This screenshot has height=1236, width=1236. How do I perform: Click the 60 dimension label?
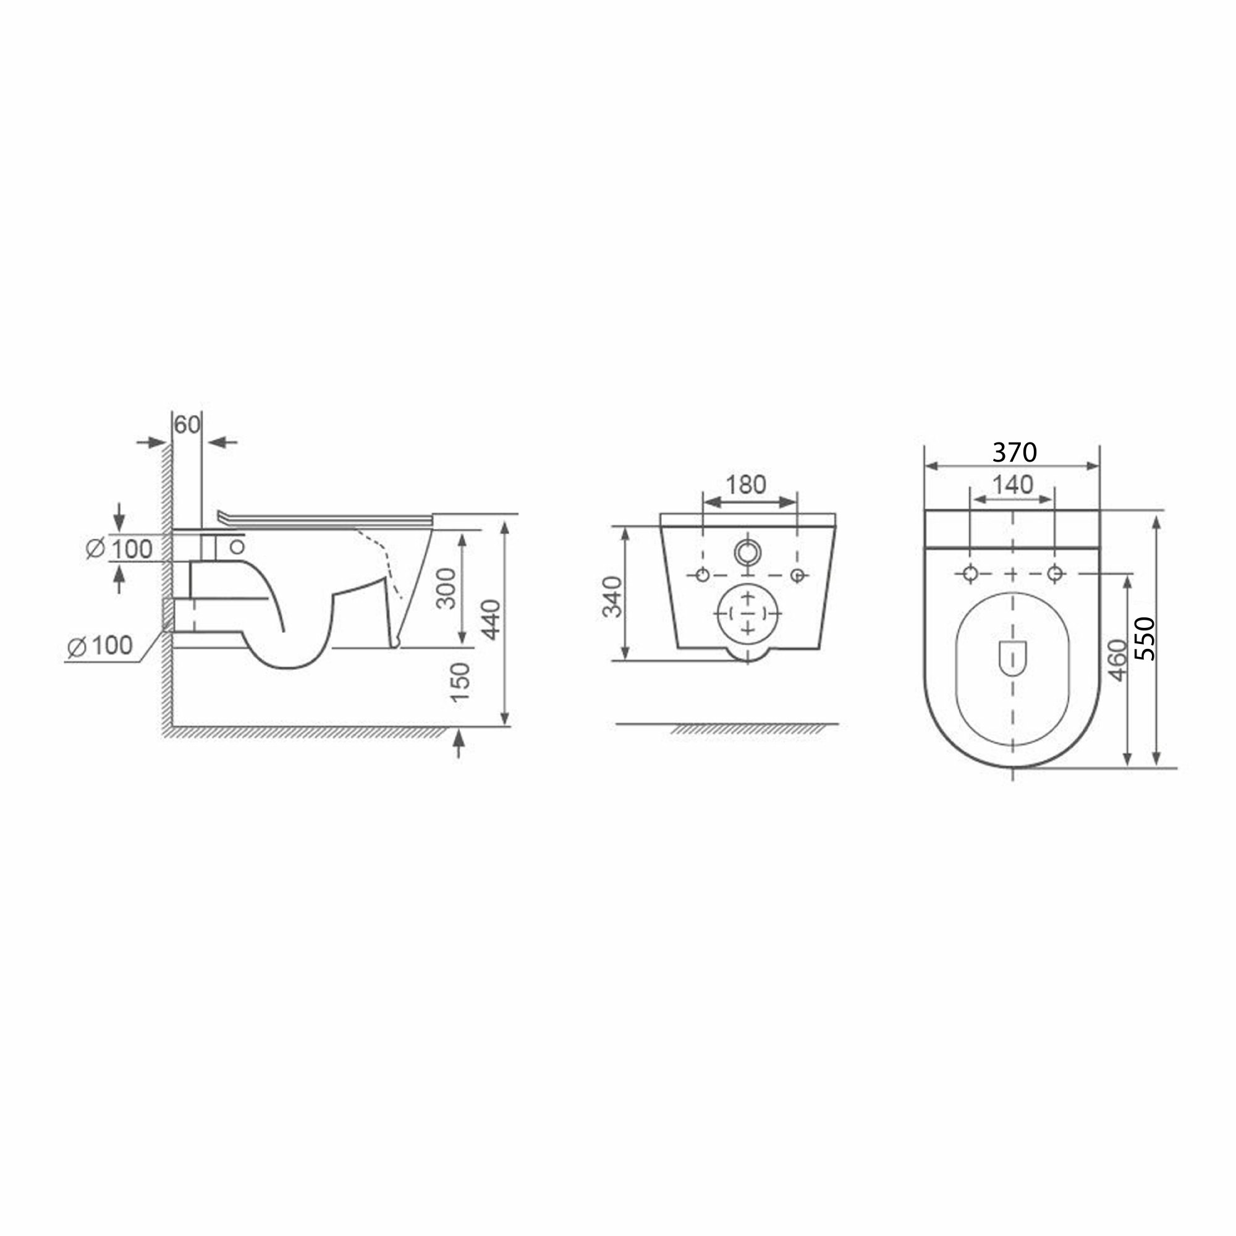[x=187, y=425]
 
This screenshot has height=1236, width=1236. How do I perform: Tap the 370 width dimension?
[x=1015, y=452]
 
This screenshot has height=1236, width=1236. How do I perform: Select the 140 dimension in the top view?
[x=1013, y=485]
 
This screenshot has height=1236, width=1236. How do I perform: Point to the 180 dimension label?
[x=746, y=485]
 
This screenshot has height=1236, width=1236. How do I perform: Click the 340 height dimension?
[x=613, y=596]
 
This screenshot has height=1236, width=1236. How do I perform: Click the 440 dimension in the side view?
[x=491, y=619]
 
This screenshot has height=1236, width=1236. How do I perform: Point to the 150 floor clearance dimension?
[x=460, y=683]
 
